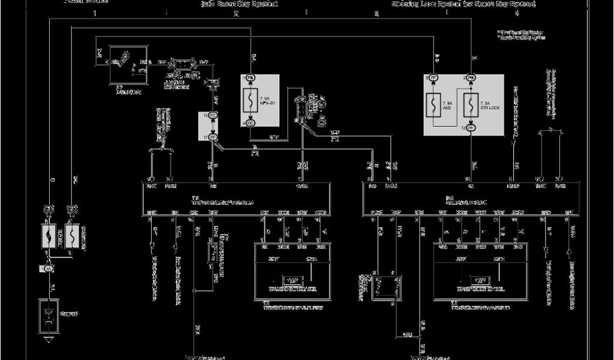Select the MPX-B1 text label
(266, 103)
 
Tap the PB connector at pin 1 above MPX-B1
(250, 78)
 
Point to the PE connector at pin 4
(250, 122)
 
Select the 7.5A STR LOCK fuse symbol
(471, 103)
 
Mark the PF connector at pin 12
(471, 128)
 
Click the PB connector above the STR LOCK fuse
(471, 78)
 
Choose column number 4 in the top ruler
(377, 13)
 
